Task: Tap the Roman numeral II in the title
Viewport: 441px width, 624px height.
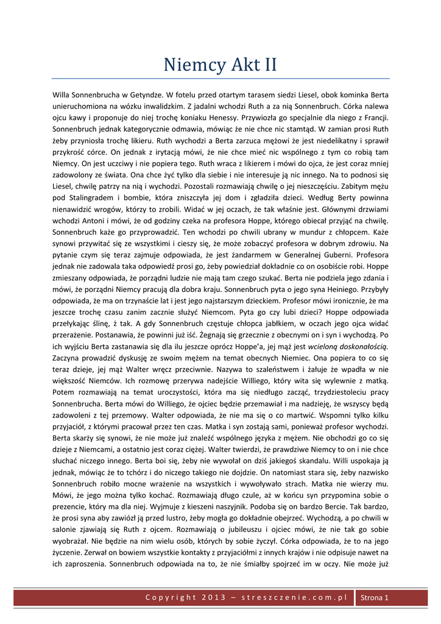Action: (268, 64)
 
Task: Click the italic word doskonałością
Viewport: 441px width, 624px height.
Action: (356, 347)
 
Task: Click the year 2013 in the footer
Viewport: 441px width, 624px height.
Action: (215, 598)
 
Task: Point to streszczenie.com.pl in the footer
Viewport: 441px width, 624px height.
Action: (294, 598)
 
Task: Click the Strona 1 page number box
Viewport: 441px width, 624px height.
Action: (375, 598)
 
